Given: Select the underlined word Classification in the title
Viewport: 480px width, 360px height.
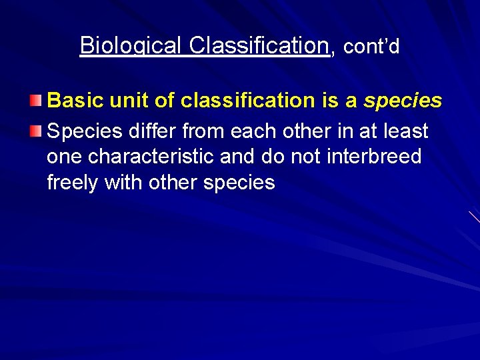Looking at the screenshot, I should (259, 46).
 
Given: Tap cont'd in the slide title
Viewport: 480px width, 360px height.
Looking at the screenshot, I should (371, 47).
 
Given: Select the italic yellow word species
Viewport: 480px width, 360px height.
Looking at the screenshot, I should (403, 101).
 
